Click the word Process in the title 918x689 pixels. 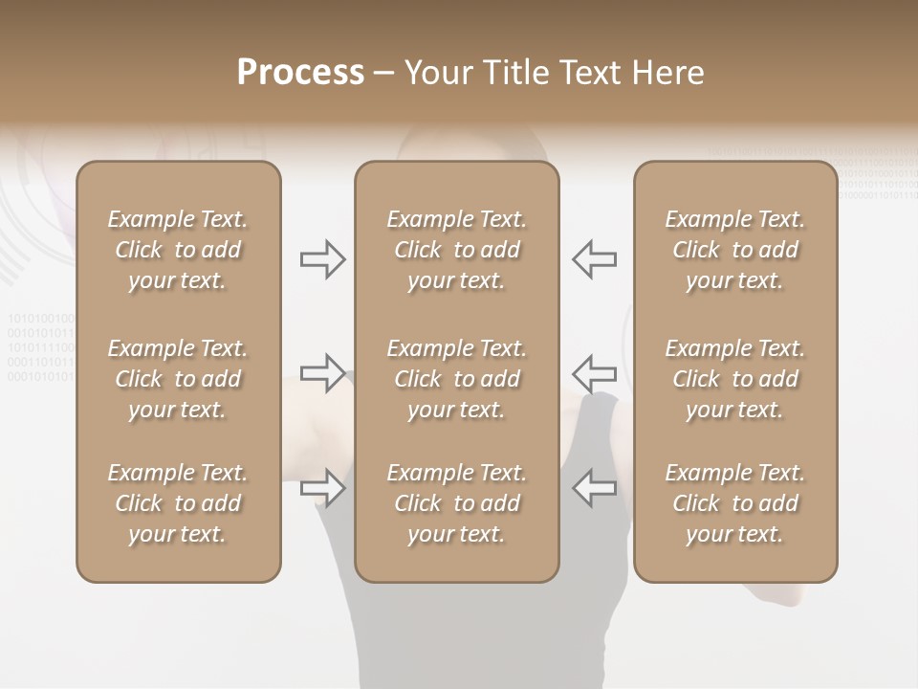pos(300,73)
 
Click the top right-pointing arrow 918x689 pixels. pos(323,258)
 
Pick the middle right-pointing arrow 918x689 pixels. pos(323,373)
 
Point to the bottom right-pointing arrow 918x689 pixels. pos(323,488)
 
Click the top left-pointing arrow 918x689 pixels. pos(594,258)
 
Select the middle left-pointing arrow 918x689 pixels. pos(594,373)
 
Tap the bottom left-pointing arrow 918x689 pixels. pos(594,488)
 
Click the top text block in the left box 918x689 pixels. pos(178,250)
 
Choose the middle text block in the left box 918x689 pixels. pos(178,379)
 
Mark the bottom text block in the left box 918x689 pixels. pos(178,503)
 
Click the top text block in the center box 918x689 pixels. pos(456,250)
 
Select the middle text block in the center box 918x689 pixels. pos(456,379)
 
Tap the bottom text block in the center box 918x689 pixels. pos(456,503)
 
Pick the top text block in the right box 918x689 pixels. pos(734,250)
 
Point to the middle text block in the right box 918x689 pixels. pos(734,379)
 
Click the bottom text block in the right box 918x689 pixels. pos(734,503)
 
